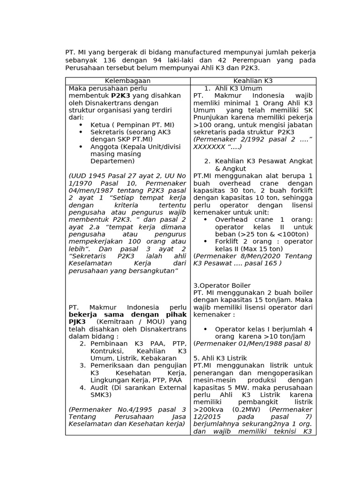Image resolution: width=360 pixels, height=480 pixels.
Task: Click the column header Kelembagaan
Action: tap(127, 81)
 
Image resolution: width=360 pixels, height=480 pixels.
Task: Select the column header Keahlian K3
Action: tap(253, 81)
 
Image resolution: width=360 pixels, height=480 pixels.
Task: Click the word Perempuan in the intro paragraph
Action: tap(236, 60)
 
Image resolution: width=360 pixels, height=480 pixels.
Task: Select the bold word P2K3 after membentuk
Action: tap(120, 96)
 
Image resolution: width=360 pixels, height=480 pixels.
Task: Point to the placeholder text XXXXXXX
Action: tap(210, 147)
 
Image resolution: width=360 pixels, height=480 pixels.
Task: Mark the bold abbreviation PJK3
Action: tap(77, 322)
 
